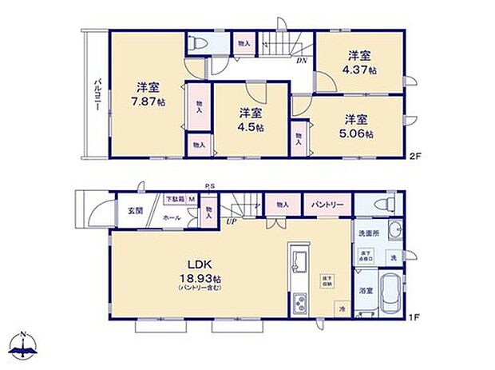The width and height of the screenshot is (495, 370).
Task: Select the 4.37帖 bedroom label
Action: click(362, 70)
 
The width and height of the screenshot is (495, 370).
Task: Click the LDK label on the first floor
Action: click(200, 265)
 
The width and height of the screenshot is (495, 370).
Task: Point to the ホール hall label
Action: click(172, 217)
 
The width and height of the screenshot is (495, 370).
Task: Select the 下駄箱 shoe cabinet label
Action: click(174, 198)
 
